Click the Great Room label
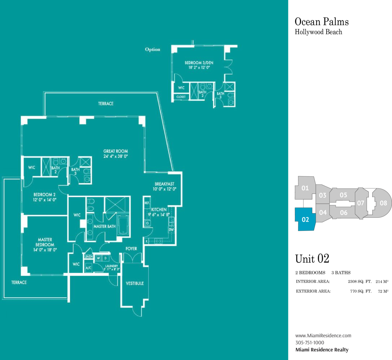point(115,151)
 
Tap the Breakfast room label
point(164,184)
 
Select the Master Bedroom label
point(45,242)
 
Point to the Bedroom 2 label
point(44,194)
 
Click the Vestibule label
point(135,283)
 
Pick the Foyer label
point(131,248)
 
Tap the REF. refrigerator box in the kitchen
point(147,203)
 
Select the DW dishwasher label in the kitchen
point(171,230)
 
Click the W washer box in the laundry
point(98,258)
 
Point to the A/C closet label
point(89,268)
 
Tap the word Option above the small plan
point(152,49)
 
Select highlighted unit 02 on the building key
point(305,219)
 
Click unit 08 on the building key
point(381,203)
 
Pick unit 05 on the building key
point(343,195)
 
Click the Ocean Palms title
point(322,22)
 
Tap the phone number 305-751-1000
point(310,342)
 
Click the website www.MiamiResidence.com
point(323,336)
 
